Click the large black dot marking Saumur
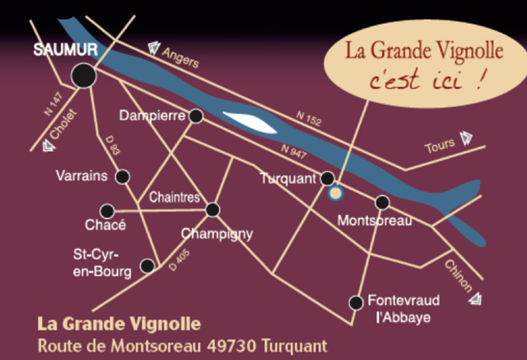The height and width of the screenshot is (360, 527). tap(84, 75)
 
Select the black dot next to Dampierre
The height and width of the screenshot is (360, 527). tap(196, 116)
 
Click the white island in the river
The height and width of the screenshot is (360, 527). tap(247, 121)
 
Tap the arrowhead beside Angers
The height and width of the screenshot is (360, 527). tap(154, 47)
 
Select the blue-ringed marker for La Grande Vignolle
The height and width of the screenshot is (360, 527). tap(335, 193)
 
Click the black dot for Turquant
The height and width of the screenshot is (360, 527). tap(328, 178)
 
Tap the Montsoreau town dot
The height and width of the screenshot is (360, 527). tap(382, 202)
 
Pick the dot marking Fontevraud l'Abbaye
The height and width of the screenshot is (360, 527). tap(356, 302)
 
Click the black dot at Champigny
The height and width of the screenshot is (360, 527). tap(213, 209)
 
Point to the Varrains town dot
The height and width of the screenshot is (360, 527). tap(123, 177)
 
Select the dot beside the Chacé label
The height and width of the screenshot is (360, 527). tap(107, 211)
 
